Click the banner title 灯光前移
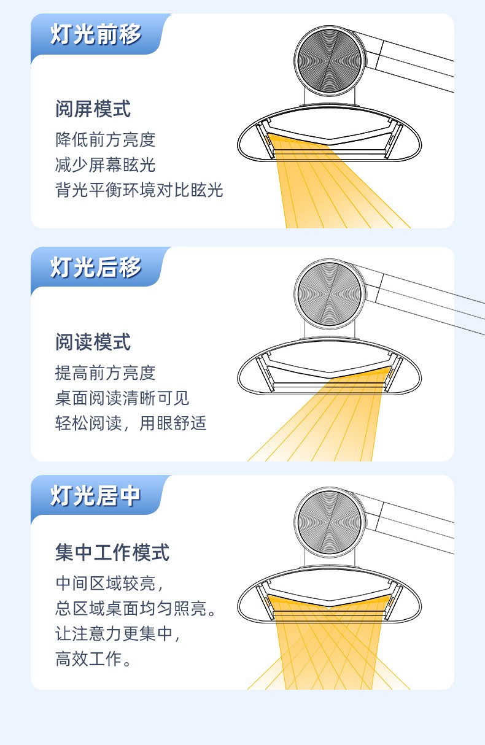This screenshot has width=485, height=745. pyautogui.click(x=96, y=34)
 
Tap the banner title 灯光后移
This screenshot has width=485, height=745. pyautogui.click(x=96, y=267)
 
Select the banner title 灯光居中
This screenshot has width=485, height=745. pyautogui.click(x=95, y=496)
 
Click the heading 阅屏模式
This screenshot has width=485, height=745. pyautogui.click(x=93, y=109)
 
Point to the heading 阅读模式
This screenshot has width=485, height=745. pyautogui.click(x=93, y=342)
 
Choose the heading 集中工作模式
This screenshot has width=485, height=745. pyautogui.click(x=112, y=552)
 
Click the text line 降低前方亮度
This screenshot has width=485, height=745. pyautogui.click(x=106, y=140)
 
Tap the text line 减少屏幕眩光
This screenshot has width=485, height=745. pyautogui.click(x=106, y=165)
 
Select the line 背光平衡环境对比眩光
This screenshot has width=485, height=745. pyautogui.click(x=139, y=190)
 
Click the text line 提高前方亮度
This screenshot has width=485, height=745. pyautogui.click(x=106, y=373)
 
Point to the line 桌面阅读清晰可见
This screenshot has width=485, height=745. pyautogui.click(x=122, y=398)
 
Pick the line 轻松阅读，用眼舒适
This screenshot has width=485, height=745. pyautogui.click(x=131, y=423)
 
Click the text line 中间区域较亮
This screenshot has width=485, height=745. pyautogui.click(x=109, y=584)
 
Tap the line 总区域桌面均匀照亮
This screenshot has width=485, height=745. pyautogui.click(x=136, y=609)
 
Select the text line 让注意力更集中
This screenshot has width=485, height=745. pyautogui.click(x=118, y=634)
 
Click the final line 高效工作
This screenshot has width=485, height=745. pyautogui.click(x=93, y=659)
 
